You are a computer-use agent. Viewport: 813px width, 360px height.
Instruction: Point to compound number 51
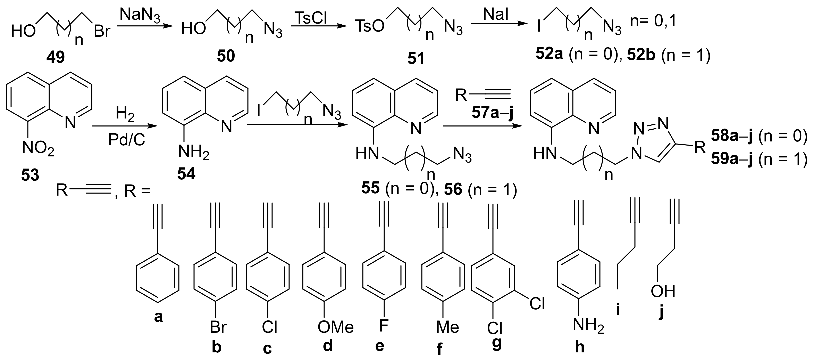point(416,59)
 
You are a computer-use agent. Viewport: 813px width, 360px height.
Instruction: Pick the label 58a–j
point(732,136)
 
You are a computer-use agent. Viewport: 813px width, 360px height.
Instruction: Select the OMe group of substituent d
point(335,327)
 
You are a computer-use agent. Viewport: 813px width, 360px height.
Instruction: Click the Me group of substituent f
point(447,327)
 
